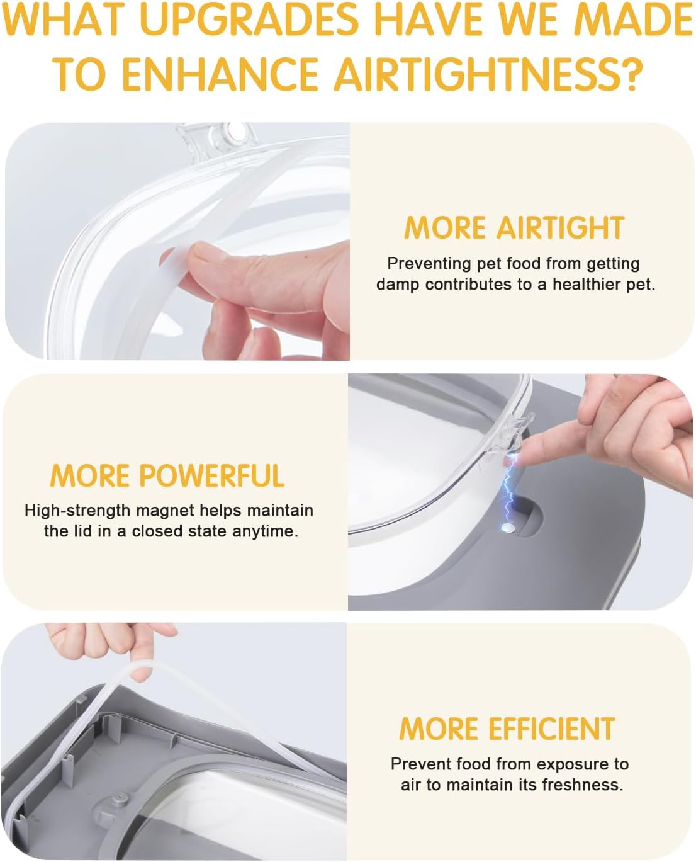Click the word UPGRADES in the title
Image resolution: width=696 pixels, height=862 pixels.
(x=250, y=20)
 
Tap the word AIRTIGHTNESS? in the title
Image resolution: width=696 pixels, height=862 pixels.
(x=488, y=74)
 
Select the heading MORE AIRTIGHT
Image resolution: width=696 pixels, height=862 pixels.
(x=514, y=228)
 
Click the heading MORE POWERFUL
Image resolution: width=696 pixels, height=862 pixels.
(x=167, y=475)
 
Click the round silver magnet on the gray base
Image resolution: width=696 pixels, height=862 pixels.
(x=508, y=528)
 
